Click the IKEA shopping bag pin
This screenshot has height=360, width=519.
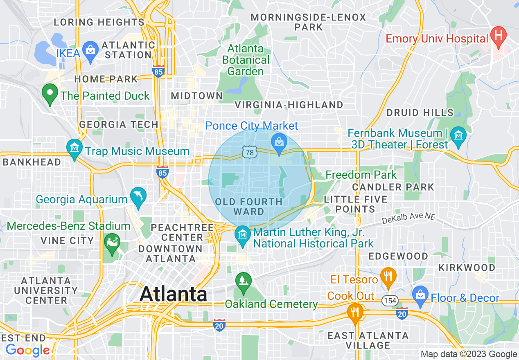90,51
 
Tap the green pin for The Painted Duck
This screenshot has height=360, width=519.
50,94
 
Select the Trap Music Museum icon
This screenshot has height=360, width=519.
74,148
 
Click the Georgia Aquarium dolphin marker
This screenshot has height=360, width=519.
138,196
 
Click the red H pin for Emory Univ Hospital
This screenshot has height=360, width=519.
498,36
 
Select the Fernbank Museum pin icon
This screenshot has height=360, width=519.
458,135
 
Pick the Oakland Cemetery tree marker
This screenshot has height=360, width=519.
244,281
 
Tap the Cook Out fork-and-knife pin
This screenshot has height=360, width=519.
355,313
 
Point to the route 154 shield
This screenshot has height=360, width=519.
390,301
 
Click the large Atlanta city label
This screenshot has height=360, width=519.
174,294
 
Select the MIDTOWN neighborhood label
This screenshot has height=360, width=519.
197,96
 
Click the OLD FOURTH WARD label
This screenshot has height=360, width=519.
249,207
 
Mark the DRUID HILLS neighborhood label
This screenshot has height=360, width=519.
420,112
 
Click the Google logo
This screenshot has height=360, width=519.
27,351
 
